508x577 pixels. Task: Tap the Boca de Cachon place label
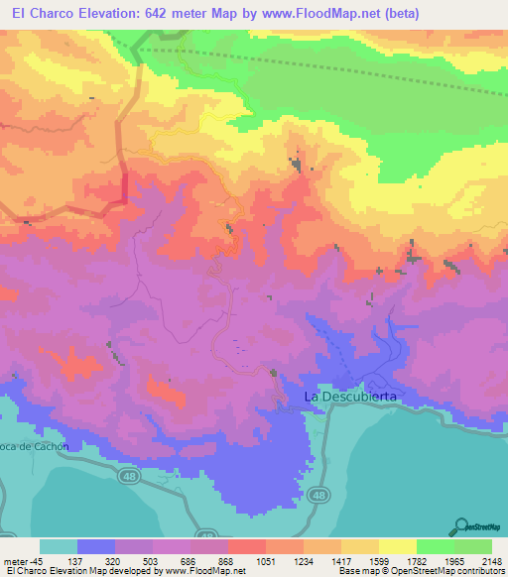click(34, 446)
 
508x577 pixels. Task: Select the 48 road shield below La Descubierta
click(319, 494)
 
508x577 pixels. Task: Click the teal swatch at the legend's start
click(59, 546)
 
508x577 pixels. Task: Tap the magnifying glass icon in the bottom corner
click(462, 524)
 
